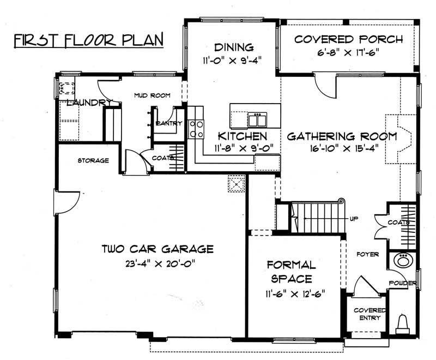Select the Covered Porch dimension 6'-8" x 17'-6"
coord(348,53)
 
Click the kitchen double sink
coord(256,119)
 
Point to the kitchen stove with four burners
coord(196,130)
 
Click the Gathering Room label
coord(342,136)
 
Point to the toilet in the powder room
coord(403,323)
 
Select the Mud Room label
coord(152,95)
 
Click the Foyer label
coord(368,254)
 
